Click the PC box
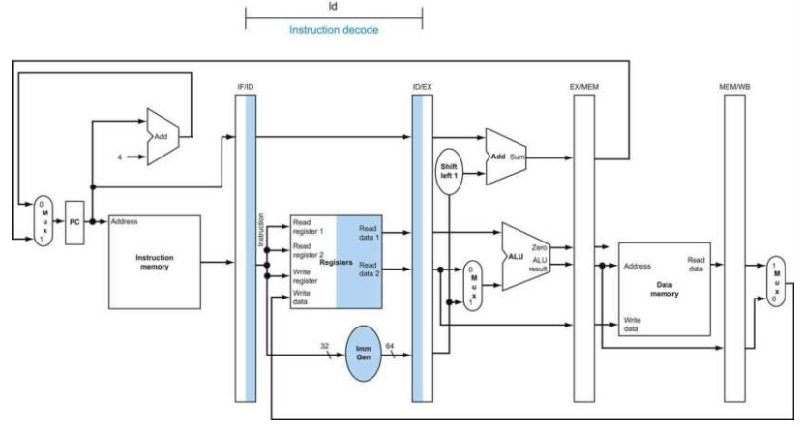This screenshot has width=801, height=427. tap(74, 222)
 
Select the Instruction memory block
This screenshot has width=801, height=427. tap(154, 262)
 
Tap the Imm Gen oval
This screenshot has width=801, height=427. tap(363, 353)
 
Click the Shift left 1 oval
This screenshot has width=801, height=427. tap(449, 171)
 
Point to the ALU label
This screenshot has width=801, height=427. tap(516, 257)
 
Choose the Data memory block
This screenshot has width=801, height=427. tap(664, 289)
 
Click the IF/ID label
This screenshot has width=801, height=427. tap(245, 87)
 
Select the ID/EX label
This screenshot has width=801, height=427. tap(422, 87)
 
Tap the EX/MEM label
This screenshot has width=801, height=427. tap(584, 87)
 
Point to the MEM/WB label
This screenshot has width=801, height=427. tap(734, 87)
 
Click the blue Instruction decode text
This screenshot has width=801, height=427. tap(334, 30)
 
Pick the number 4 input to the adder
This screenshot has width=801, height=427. tap(120, 157)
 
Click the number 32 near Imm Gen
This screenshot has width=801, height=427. tap(324, 346)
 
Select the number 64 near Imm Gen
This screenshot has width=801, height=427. tap(390, 346)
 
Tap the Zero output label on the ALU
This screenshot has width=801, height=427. tap(539, 248)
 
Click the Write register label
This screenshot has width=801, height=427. tap(305, 276)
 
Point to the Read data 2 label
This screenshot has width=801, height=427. tap(369, 270)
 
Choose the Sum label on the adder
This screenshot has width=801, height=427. tap(517, 157)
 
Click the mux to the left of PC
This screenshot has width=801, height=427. tap(44, 222)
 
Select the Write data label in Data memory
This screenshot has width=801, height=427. tap(632, 325)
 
